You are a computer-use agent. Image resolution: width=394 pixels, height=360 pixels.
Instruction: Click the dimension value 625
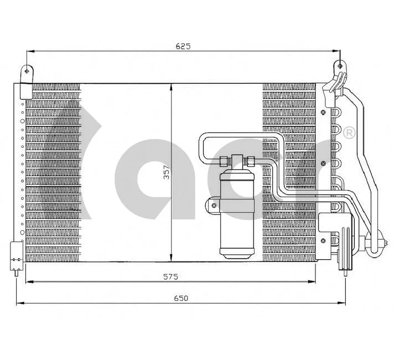pos(183,47)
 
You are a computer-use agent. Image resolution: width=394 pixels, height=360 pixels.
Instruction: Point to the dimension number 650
pos(181,298)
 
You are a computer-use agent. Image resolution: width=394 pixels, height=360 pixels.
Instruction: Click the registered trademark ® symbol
pos(349,132)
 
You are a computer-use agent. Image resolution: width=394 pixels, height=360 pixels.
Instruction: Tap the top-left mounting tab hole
pos(25,70)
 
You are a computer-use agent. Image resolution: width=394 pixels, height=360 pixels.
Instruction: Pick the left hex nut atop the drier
pos(225,161)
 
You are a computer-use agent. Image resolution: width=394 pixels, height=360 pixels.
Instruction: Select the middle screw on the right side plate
pos(322,163)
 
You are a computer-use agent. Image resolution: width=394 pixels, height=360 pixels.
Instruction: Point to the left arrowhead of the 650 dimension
pos(20,303)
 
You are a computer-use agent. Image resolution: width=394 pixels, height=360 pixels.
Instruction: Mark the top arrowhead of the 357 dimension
pos(171,86)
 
